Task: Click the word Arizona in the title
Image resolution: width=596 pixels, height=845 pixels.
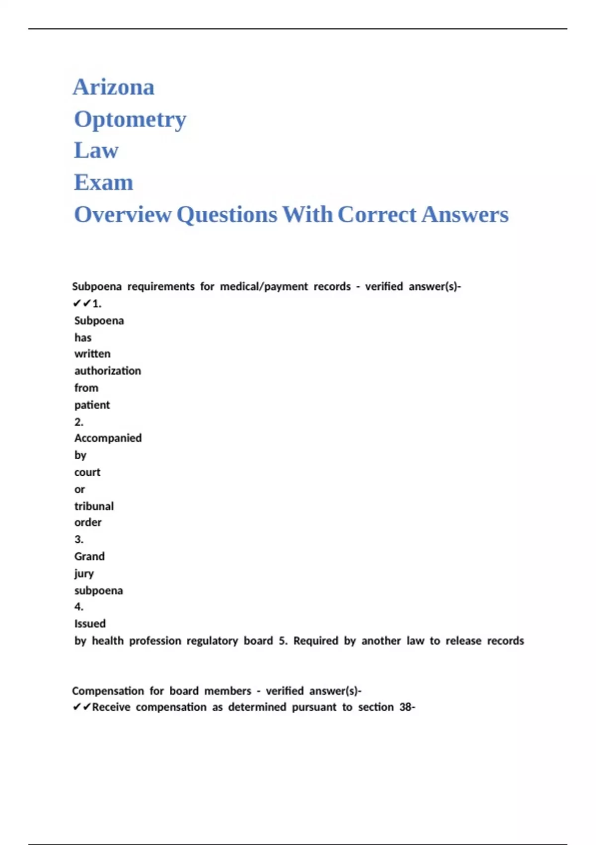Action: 114,87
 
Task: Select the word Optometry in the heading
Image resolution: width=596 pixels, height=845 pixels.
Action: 130,120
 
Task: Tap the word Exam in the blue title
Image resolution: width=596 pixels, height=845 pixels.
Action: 103,183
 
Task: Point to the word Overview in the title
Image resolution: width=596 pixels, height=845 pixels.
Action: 123,215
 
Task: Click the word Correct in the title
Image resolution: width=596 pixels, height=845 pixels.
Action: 377,215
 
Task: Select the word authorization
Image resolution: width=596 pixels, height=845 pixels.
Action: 108,371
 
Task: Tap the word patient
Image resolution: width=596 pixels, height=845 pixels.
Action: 92,405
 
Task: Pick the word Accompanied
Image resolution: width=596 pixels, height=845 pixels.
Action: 108,438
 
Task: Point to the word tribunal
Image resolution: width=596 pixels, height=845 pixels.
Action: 94,507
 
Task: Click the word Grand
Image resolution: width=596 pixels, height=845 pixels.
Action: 90,557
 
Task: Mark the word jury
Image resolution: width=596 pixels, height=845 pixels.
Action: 84,574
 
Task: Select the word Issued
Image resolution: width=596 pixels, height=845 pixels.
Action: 90,624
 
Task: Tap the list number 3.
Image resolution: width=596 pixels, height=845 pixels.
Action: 79,540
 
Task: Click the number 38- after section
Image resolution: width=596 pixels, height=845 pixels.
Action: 407,707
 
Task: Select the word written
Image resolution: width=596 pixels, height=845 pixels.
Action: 93,354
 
